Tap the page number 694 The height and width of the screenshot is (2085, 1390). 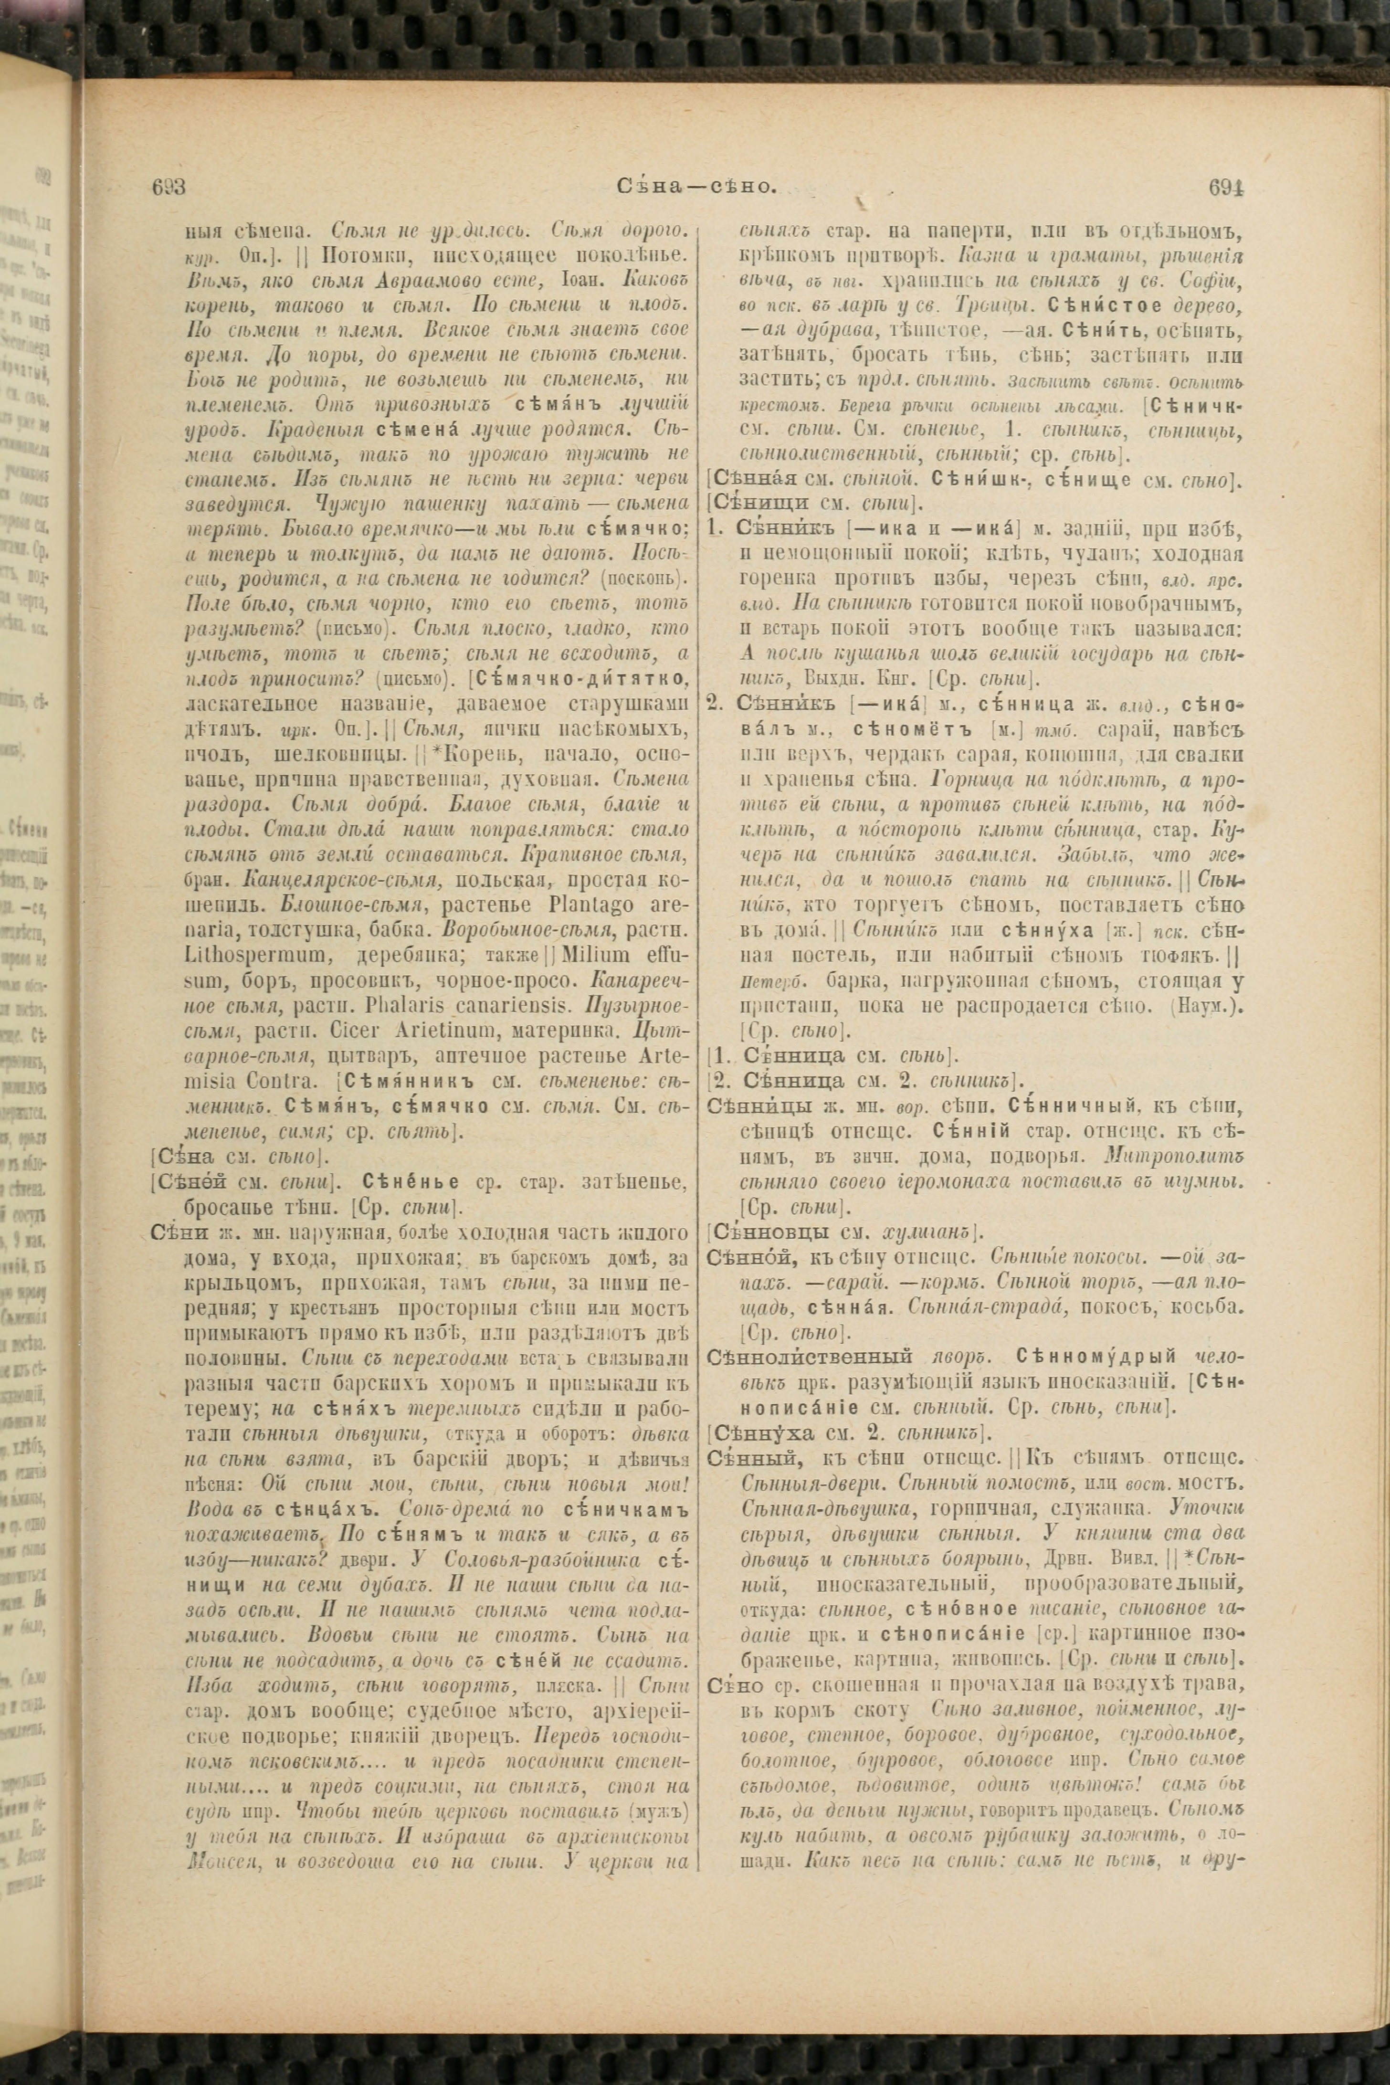point(1226,187)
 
